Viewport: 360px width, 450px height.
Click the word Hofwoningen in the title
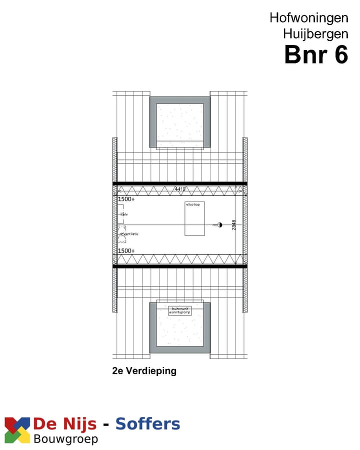pos(308,17)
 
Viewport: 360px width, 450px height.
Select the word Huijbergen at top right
pos(315,34)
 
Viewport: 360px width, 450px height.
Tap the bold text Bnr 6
pos(315,55)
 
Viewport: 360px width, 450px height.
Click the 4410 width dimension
pos(180,189)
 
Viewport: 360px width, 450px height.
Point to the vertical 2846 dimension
pos(233,225)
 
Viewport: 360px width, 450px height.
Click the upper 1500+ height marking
pos(126,199)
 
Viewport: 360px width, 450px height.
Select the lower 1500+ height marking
pos(126,250)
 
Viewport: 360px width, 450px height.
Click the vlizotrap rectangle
pos(194,219)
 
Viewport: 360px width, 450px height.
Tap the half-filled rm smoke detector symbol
pos(219,225)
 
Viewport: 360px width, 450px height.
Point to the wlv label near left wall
pos(124,214)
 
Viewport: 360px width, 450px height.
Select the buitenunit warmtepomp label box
pos(179,310)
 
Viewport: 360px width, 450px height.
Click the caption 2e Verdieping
pos(144,371)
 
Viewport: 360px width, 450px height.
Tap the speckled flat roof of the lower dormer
pos(179,330)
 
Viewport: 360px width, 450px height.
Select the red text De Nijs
pos(64,424)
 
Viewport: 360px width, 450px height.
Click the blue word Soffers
pos(147,424)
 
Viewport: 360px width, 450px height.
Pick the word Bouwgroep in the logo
pos(65,439)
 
